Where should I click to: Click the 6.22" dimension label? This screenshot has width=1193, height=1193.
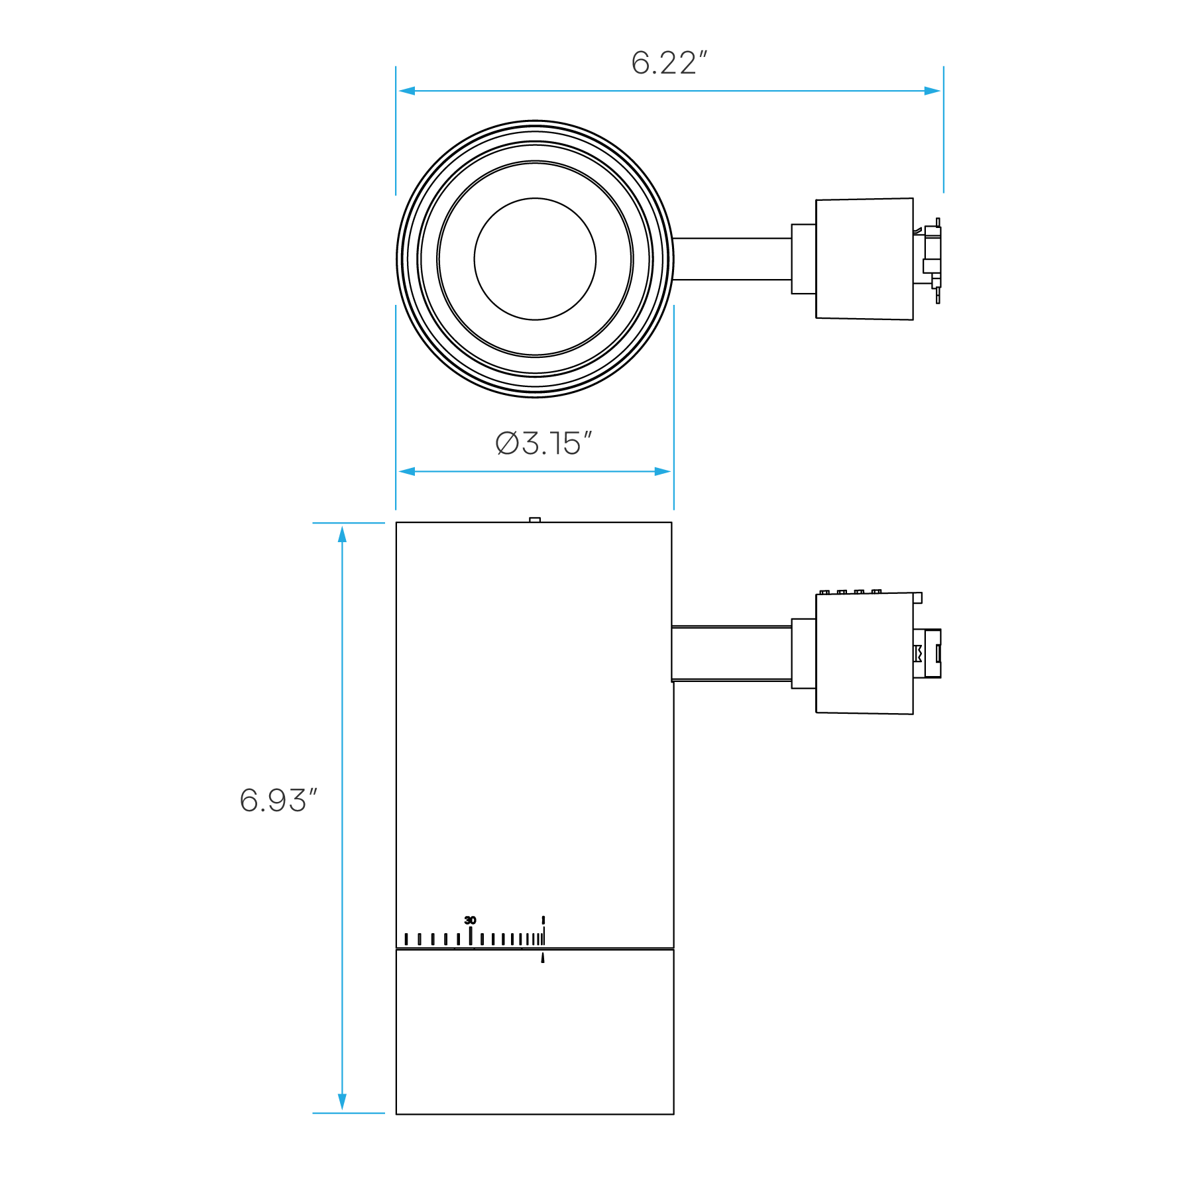(x=668, y=64)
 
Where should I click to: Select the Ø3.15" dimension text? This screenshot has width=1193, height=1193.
(x=543, y=444)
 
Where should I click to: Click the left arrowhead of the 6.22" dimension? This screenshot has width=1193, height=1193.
(x=406, y=91)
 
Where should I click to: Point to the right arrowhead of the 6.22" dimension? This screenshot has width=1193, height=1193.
(x=933, y=91)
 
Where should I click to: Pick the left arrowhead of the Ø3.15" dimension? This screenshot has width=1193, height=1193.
(x=406, y=471)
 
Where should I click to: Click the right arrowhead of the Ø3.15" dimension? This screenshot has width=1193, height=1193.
(x=663, y=471)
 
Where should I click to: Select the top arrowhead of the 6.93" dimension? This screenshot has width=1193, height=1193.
(x=342, y=534)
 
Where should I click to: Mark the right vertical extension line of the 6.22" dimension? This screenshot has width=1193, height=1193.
(x=943, y=146)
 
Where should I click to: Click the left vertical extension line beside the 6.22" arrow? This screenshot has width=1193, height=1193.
(x=396, y=146)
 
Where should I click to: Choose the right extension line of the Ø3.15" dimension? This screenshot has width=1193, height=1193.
(x=673, y=398)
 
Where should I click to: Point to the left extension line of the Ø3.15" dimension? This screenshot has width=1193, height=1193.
(x=396, y=398)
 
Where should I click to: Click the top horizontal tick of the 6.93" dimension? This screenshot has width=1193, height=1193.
(x=349, y=523)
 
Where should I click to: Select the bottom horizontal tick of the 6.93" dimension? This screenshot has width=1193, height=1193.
(x=349, y=1113)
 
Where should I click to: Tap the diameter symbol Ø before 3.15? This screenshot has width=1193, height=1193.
(x=507, y=444)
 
